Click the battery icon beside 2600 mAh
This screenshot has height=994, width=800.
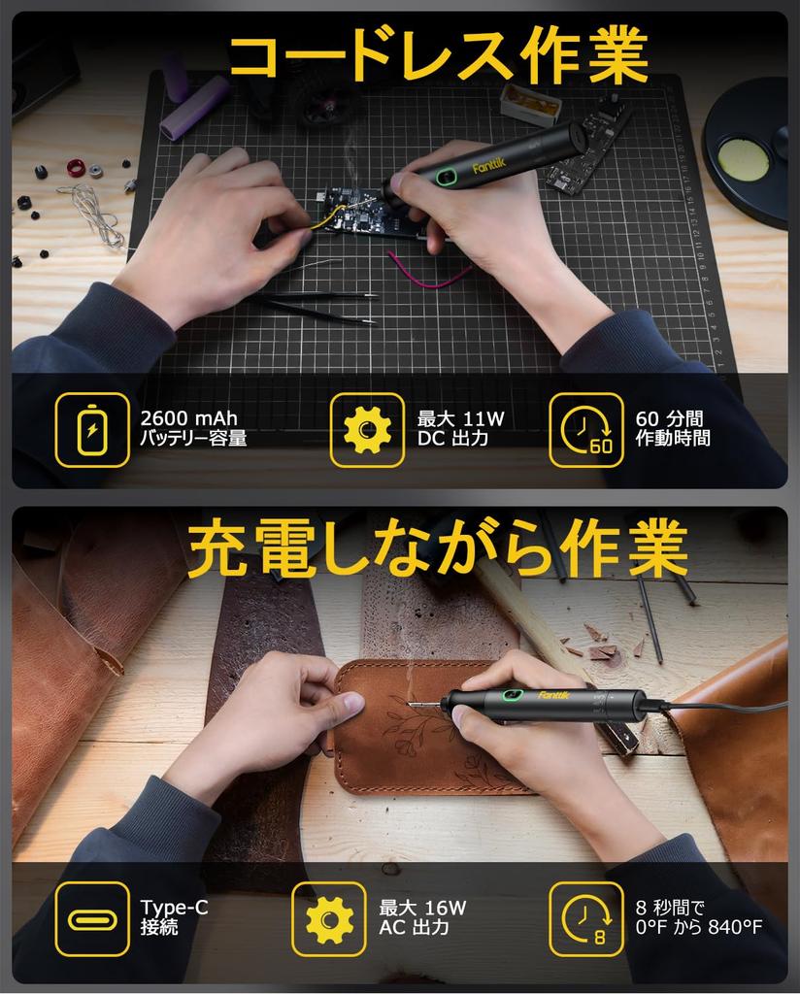point(92,429)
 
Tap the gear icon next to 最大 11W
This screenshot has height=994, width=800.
point(367,429)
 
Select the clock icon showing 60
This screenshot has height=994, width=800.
point(585,429)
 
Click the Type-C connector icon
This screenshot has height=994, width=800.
point(92,918)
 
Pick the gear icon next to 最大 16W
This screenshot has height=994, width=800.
point(329,918)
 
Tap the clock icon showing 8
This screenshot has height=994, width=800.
point(585,918)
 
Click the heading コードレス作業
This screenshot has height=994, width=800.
point(437,56)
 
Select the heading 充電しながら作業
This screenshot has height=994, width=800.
point(437,549)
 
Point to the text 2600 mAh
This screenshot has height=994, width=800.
point(188,418)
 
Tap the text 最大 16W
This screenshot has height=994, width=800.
point(422,908)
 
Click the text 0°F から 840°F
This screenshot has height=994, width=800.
point(698,927)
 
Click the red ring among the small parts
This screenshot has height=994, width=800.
point(76,167)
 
